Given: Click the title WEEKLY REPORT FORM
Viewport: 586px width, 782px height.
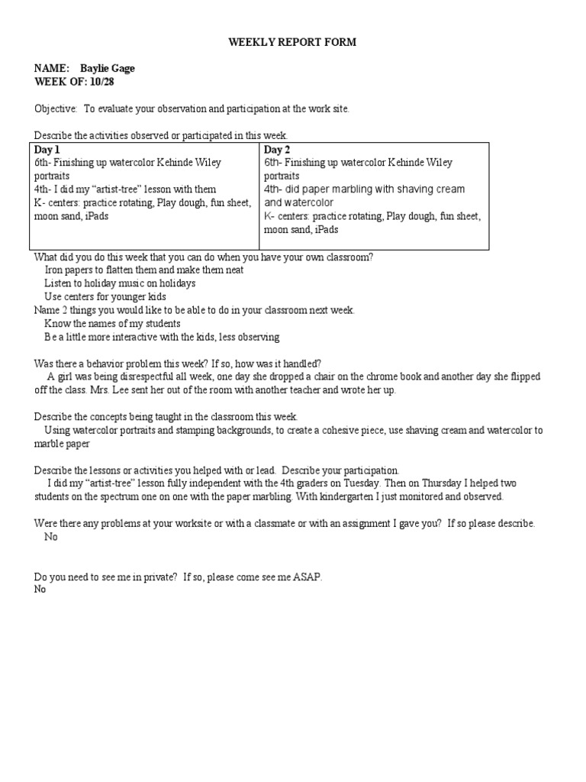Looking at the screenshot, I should pos(292,43).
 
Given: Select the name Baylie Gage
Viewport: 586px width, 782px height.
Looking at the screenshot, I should pos(108,69).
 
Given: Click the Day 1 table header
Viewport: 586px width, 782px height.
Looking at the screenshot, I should pos(47,150).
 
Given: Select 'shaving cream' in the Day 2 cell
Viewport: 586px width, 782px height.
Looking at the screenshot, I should pos(425,189).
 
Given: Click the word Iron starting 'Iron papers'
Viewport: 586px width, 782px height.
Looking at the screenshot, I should pos(54,270).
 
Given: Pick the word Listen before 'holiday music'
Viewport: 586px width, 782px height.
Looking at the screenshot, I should pos(59,283).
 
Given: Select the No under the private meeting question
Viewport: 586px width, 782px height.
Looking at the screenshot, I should pos(40,590).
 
